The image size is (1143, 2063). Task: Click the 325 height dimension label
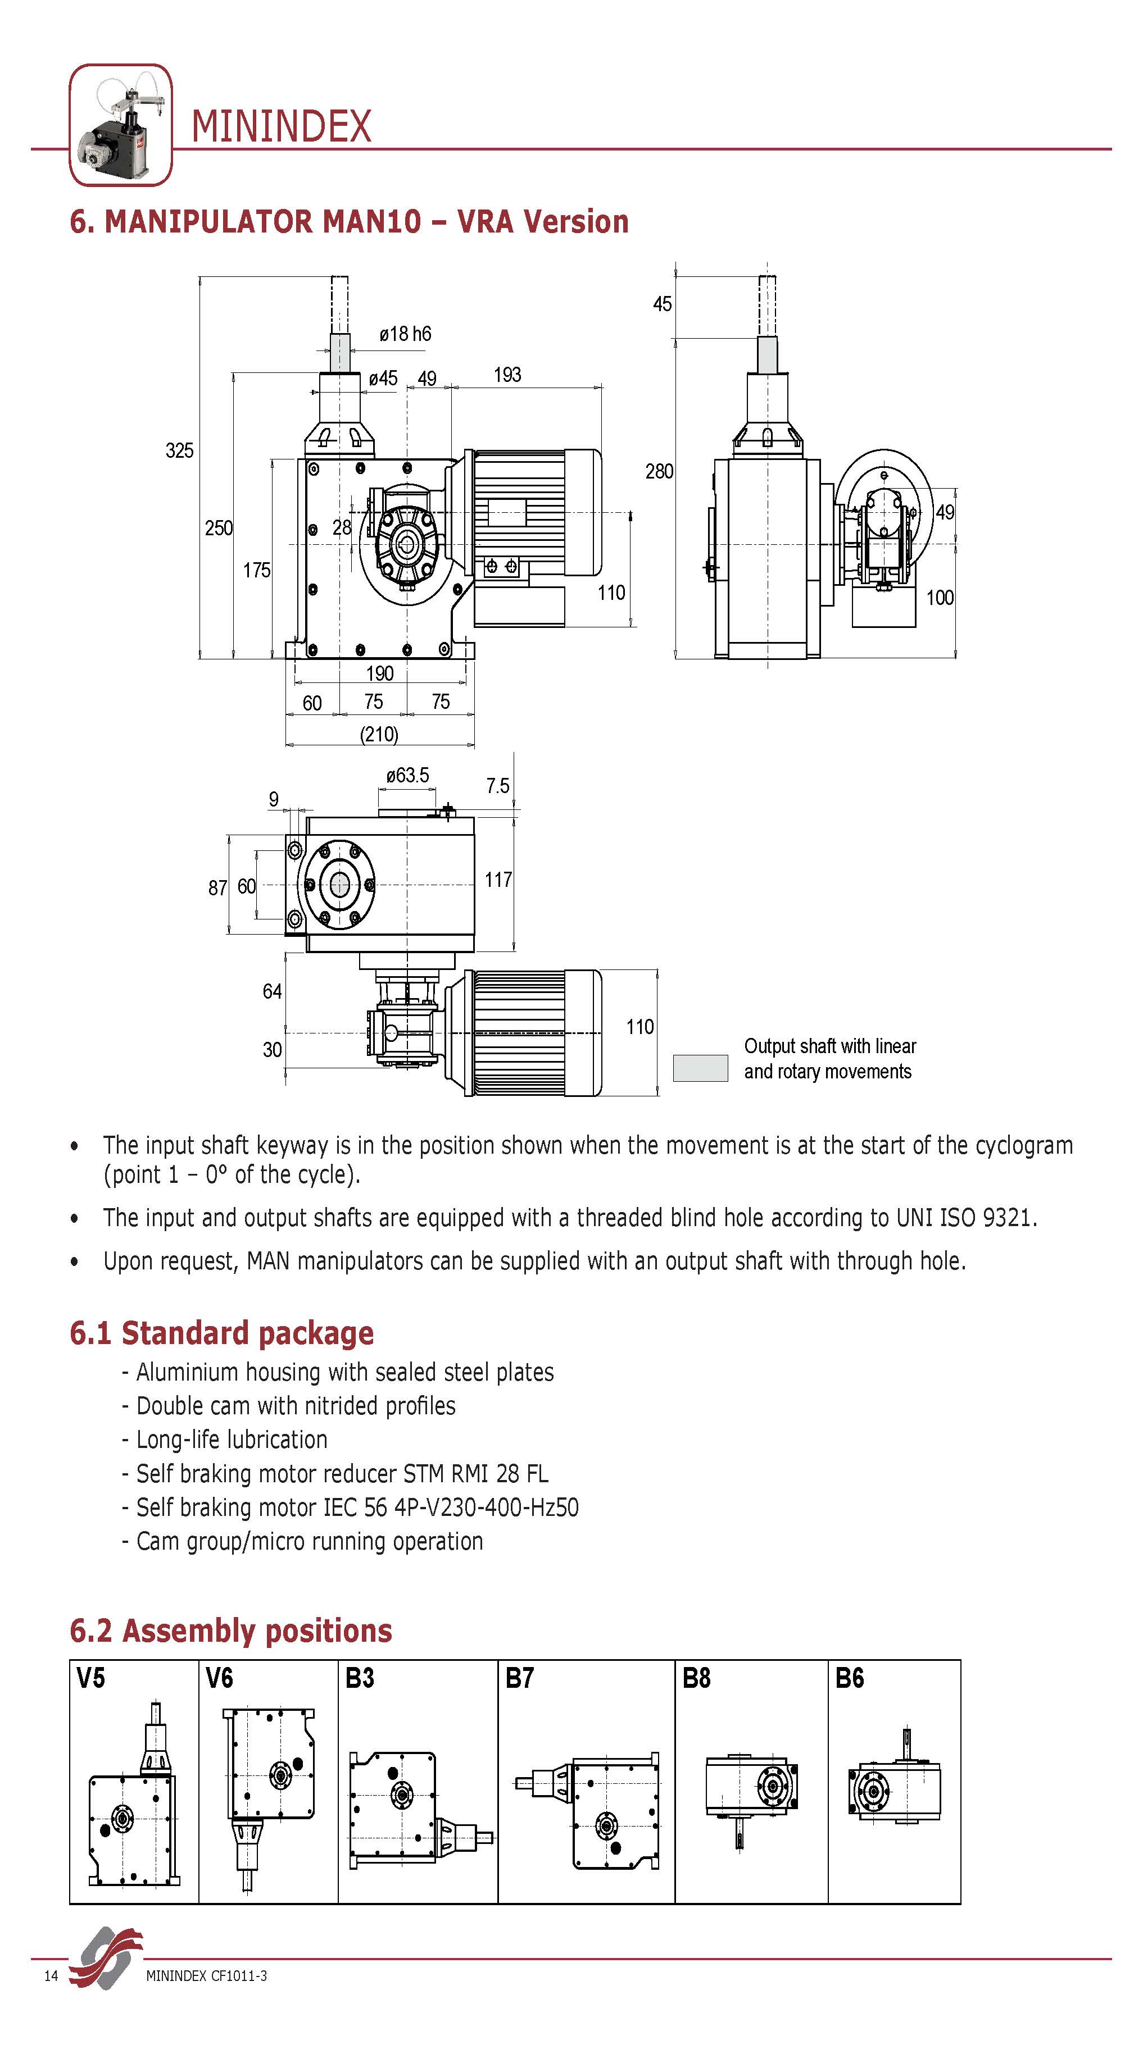click(x=179, y=451)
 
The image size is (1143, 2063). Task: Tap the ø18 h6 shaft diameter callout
click(x=405, y=334)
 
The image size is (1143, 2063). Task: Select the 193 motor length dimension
click(x=507, y=375)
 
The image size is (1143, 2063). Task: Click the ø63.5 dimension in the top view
click(x=407, y=775)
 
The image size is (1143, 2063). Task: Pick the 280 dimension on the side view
click(x=659, y=472)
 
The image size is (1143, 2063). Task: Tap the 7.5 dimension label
click(x=497, y=786)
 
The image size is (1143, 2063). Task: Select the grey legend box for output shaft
click(x=700, y=1068)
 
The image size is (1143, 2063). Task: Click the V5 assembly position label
click(x=90, y=1678)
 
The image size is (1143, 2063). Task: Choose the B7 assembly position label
click(x=519, y=1678)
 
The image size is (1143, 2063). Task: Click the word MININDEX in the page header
click(x=281, y=127)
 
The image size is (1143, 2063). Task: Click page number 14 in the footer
click(x=51, y=1976)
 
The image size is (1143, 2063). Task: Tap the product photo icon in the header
click(x=121, y=125)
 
